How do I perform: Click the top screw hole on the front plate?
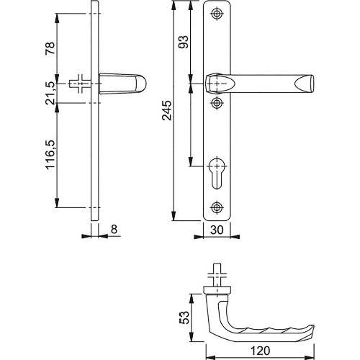point(217,14)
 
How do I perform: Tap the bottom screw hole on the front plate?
point(217,208)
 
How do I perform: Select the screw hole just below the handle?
point(217,103)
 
